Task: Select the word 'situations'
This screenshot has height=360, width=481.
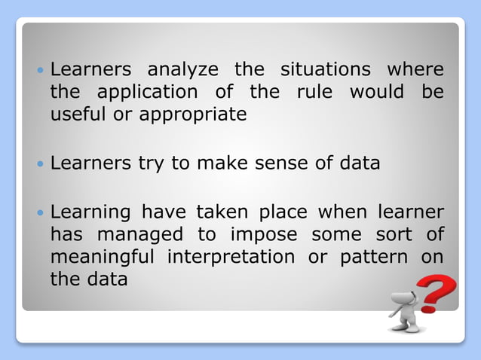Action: [325, 70]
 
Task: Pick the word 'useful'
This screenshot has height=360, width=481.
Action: [75, 114]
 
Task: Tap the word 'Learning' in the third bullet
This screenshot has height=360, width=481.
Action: [89, 213]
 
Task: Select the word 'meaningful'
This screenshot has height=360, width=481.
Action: [102, 257]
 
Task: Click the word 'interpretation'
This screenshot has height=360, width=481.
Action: [231, 257]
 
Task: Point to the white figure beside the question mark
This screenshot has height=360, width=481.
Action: [406, 310]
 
